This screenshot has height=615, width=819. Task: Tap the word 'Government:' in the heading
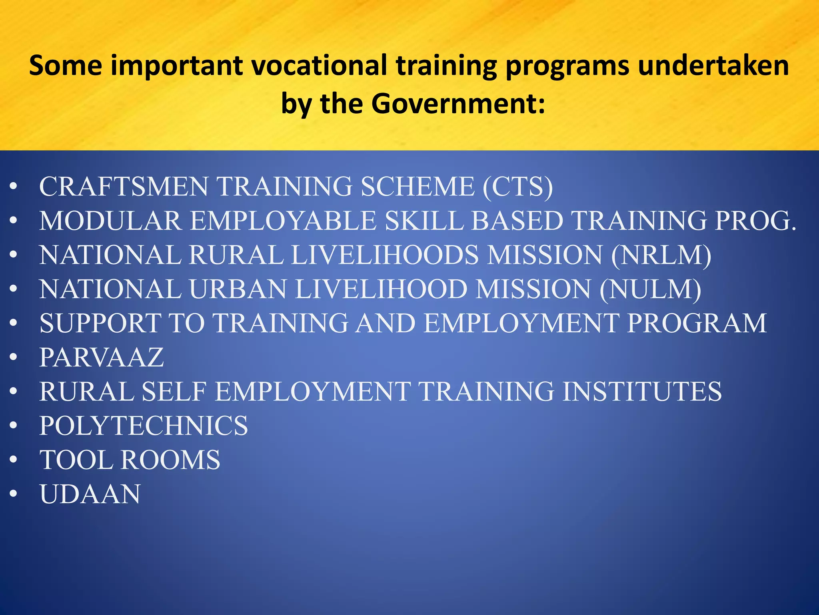[x=458, y=103]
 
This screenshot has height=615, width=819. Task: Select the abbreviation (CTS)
[x=518, y=187]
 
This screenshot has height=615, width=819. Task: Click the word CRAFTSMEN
[x=124, y=187]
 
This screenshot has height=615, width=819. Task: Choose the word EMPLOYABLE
[x=283, y=221]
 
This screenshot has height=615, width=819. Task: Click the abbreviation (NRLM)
[x=661, y=255]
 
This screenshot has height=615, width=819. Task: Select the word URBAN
[x=238, y=289]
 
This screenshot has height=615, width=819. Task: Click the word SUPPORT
[x=100, y=323]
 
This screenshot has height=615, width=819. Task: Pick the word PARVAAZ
[x=102, y=357]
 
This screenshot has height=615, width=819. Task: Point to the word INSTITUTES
[x=642, y=392]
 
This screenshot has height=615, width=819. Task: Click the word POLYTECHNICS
[x=144, y=426]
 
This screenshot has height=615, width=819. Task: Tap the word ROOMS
[x=170, y=460]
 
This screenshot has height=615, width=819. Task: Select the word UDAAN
[x=90, y=494]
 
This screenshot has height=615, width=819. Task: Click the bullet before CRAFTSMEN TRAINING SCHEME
[x=14, y=187]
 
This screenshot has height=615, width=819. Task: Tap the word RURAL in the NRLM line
[x=236, y=255]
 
